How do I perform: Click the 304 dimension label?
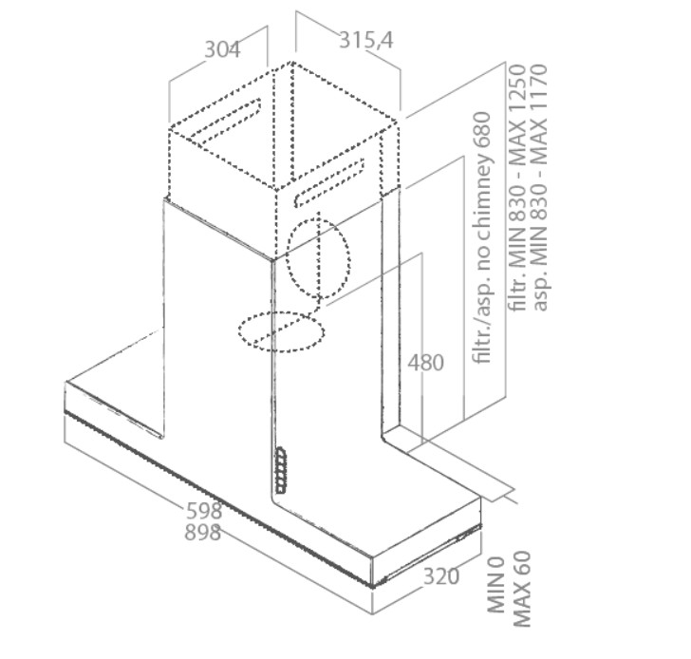point(222,49)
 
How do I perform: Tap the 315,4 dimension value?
point(365,40)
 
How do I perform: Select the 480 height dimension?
point(425,363)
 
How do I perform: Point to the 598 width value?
point(204,511)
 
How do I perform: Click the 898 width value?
point(203,532)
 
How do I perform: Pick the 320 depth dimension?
point(441,576)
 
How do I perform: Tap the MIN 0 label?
point(495,585)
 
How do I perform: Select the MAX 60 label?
point(522,589)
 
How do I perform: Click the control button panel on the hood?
point(280,470)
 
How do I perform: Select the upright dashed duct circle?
point(318,258)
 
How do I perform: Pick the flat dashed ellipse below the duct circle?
point(282,331)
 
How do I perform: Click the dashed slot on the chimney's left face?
point(225,122)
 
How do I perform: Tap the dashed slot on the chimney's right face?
point(329,183)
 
